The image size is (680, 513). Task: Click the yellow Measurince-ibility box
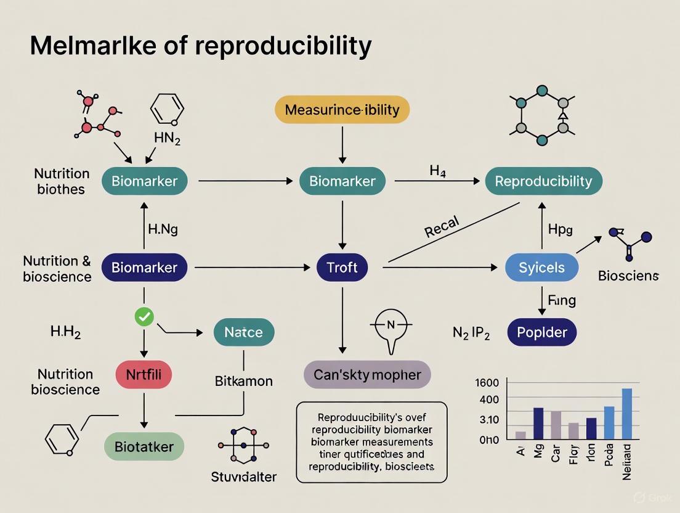341,110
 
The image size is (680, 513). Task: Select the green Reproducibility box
543,181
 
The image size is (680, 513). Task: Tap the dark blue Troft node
341,267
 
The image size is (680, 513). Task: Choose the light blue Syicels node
541,267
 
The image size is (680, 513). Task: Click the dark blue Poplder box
541,333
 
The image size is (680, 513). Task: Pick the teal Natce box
243,332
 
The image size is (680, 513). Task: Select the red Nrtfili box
144,374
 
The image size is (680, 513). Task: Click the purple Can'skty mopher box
367,374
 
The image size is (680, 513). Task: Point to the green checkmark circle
144,317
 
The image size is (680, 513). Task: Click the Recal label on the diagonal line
442,228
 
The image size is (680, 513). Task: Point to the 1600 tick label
487,382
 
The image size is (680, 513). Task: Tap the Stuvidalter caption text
243,476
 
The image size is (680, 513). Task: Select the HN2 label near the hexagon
166,140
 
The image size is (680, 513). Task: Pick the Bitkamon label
243,381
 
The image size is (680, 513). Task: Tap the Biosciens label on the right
628,276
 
